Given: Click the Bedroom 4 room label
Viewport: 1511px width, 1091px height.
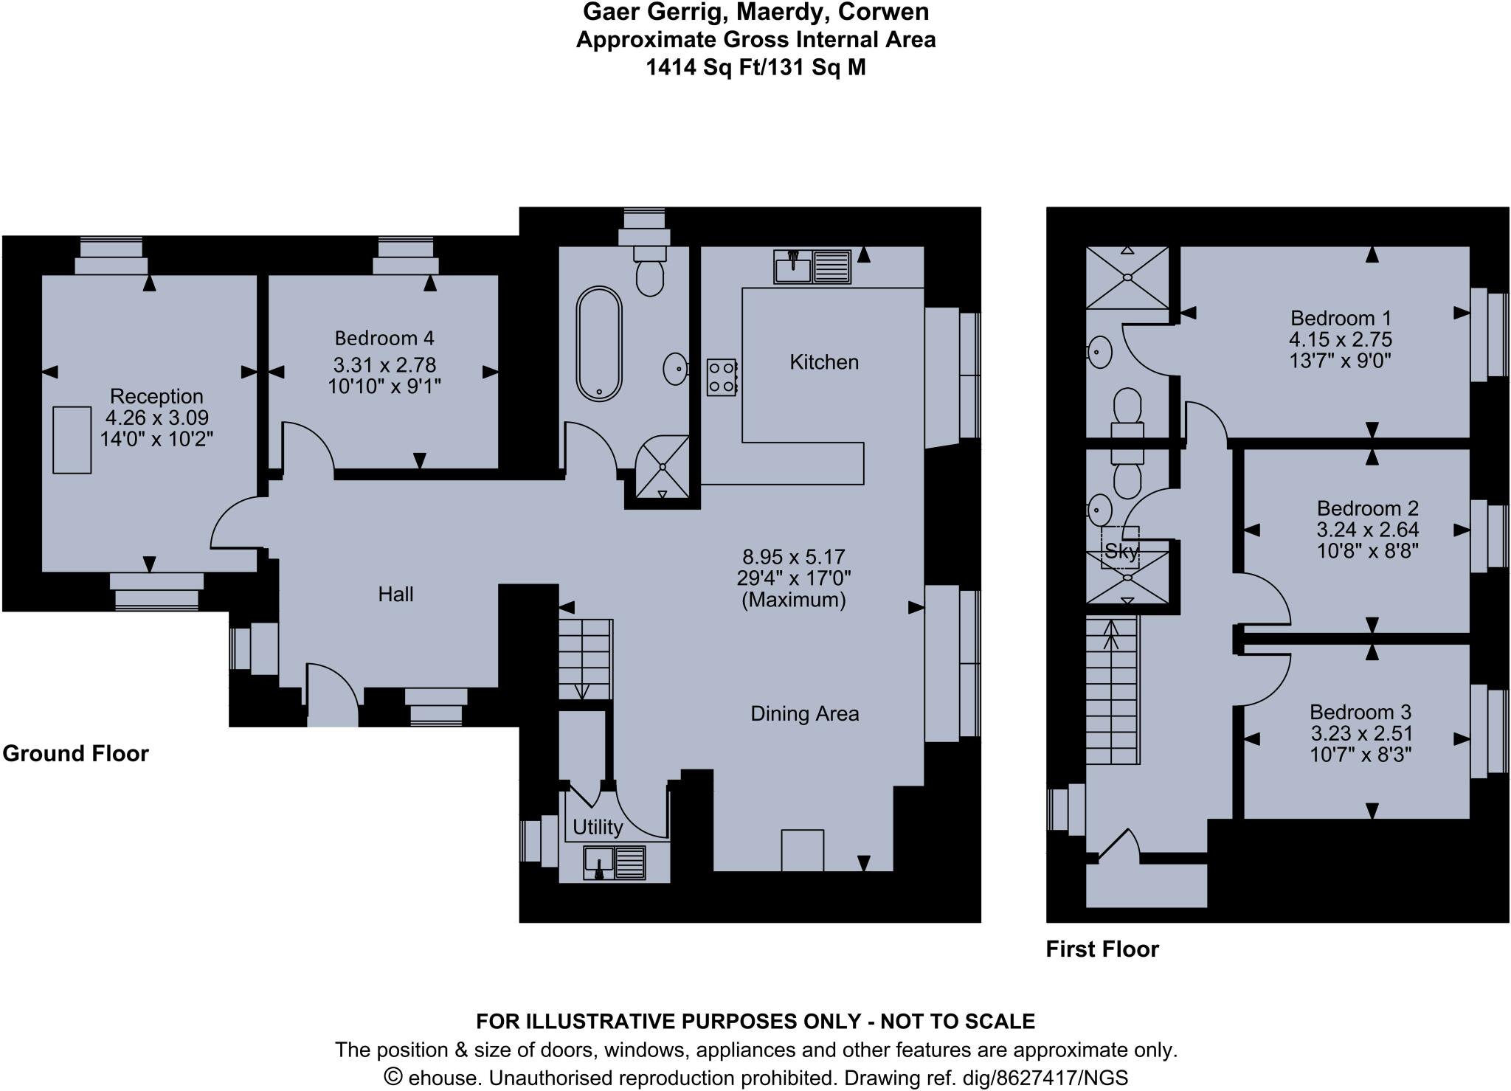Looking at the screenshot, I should [384, 339].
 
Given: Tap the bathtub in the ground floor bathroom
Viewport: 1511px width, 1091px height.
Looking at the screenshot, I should [599, 344].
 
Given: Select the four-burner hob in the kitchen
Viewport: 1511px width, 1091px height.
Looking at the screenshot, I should [722, 377].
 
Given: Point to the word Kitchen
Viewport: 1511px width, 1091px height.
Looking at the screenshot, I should [824, 362].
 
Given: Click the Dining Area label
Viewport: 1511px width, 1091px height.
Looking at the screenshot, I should [804, 714].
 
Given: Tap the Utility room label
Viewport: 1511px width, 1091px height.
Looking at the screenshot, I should [598, 827].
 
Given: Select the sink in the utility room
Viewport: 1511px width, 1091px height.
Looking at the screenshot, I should [599, 862].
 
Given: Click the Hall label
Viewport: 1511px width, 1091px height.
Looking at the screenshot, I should [395, 595].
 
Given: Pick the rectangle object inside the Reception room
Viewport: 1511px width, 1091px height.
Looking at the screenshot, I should [72, 440].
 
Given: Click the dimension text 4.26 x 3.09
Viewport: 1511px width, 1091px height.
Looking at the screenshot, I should [157, 418].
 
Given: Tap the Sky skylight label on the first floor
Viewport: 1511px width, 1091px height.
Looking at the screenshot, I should [1121, 551].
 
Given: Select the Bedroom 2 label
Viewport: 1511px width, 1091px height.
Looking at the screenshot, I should [1367, 508].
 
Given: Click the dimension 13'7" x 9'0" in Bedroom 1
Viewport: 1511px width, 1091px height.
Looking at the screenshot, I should [1340, 361].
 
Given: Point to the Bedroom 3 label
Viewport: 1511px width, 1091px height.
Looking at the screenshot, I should [1360, 712].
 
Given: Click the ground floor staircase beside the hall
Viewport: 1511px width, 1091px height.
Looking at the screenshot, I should [585, 659].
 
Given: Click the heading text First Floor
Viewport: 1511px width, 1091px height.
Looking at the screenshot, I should [1102, 949].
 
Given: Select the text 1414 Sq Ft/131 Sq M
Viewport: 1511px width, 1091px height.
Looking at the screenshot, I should [755, 68].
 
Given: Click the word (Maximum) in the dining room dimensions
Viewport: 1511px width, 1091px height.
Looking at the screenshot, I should [793, 600].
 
